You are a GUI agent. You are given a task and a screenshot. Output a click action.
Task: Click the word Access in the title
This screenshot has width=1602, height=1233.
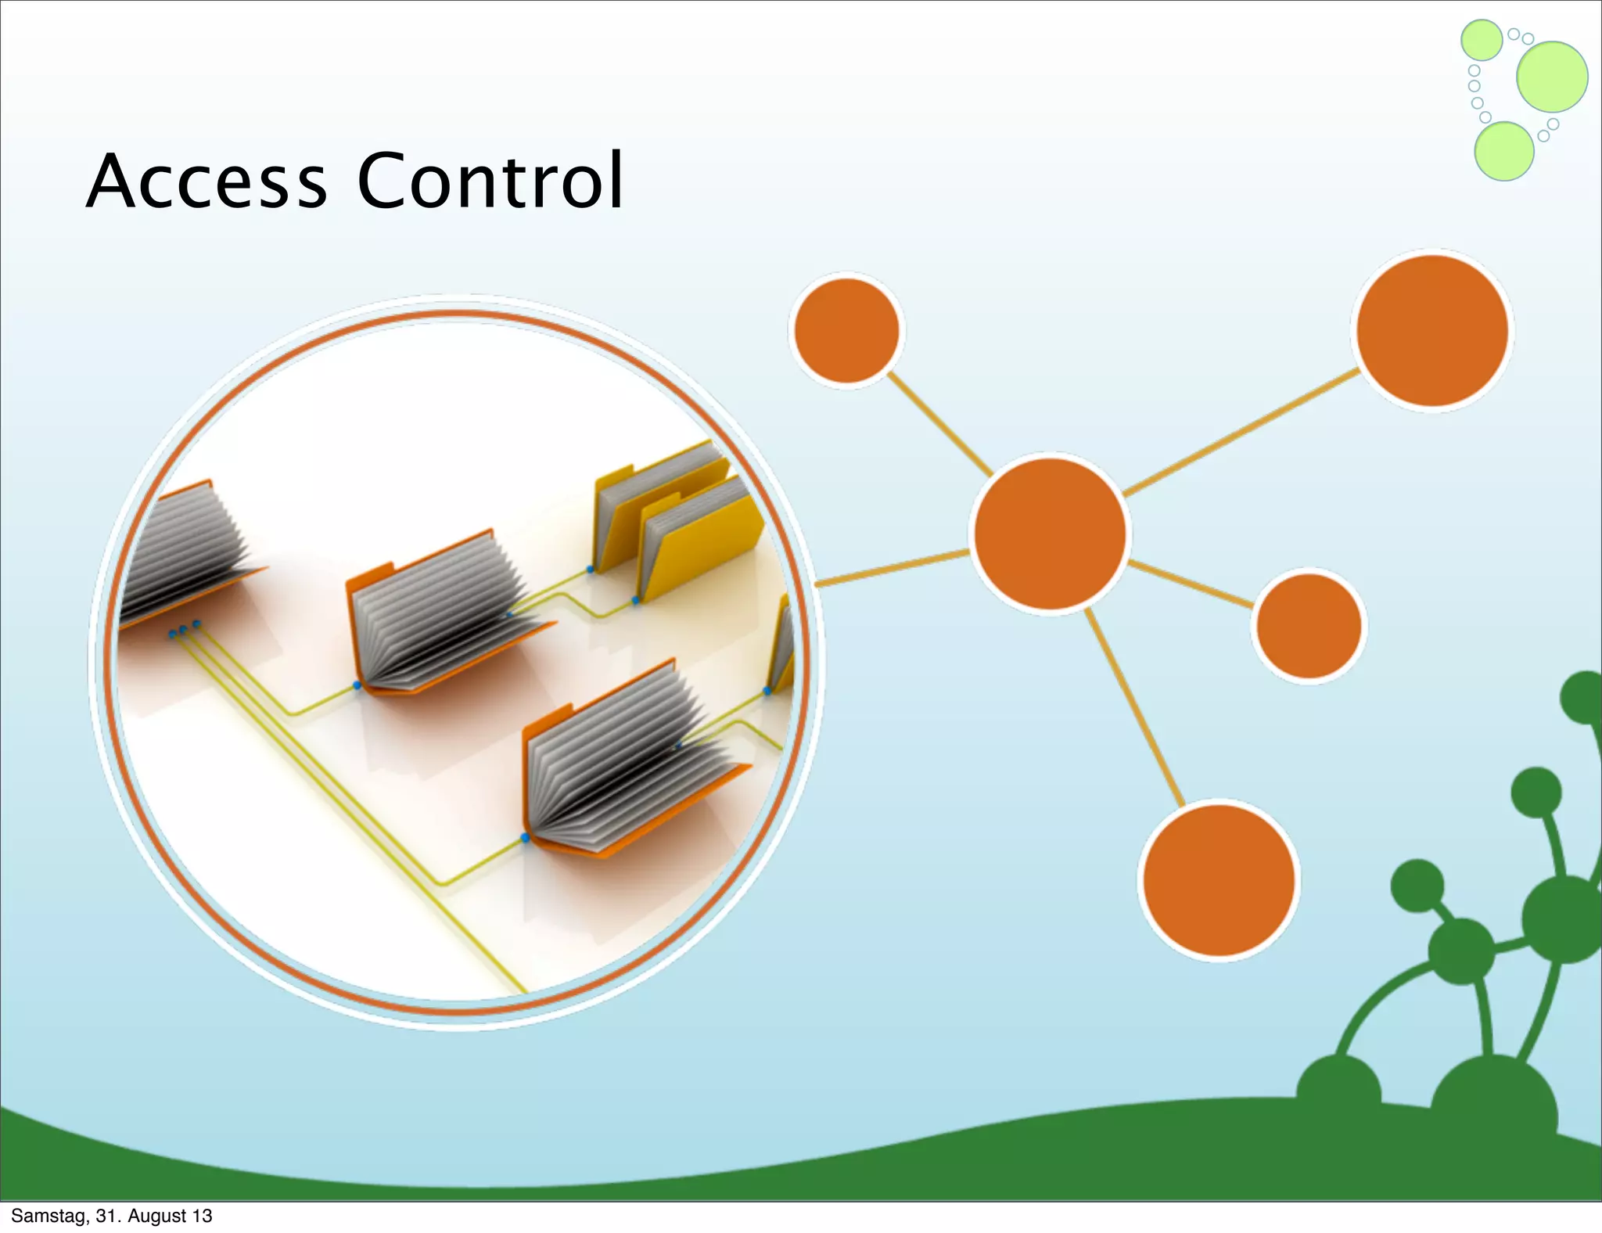[x=207, y=182]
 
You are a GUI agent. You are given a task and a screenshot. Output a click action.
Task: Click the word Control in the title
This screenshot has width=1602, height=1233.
[x=490, y=182]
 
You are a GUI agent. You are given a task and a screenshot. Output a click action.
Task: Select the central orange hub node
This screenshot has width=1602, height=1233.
[x=1050, y=534]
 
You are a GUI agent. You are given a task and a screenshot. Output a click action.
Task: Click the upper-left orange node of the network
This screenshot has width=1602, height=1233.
[x=846, y=330]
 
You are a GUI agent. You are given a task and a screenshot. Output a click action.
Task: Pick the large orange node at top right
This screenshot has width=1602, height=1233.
[x=1432, y=330]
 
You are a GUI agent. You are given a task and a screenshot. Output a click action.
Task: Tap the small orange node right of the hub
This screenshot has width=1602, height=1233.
[x=1309, y=626]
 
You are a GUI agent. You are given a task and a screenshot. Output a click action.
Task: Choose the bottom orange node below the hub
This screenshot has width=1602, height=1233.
[x=1219, y=880]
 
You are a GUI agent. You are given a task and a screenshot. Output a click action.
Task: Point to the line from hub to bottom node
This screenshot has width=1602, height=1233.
[x=1134, y=708]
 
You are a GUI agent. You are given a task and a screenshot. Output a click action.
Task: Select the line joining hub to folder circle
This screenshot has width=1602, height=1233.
[x=892, y=567]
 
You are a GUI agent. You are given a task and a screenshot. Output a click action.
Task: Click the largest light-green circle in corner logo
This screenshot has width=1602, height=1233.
[x=1552, y=77]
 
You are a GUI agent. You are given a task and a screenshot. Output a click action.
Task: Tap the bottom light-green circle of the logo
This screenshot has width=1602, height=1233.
[x=1503, y=151]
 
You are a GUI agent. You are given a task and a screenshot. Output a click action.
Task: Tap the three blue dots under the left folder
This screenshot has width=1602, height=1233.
[x=184, y=629]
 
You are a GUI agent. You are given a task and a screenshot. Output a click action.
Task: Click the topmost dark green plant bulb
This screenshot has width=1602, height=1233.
[x=1584, y=696]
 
